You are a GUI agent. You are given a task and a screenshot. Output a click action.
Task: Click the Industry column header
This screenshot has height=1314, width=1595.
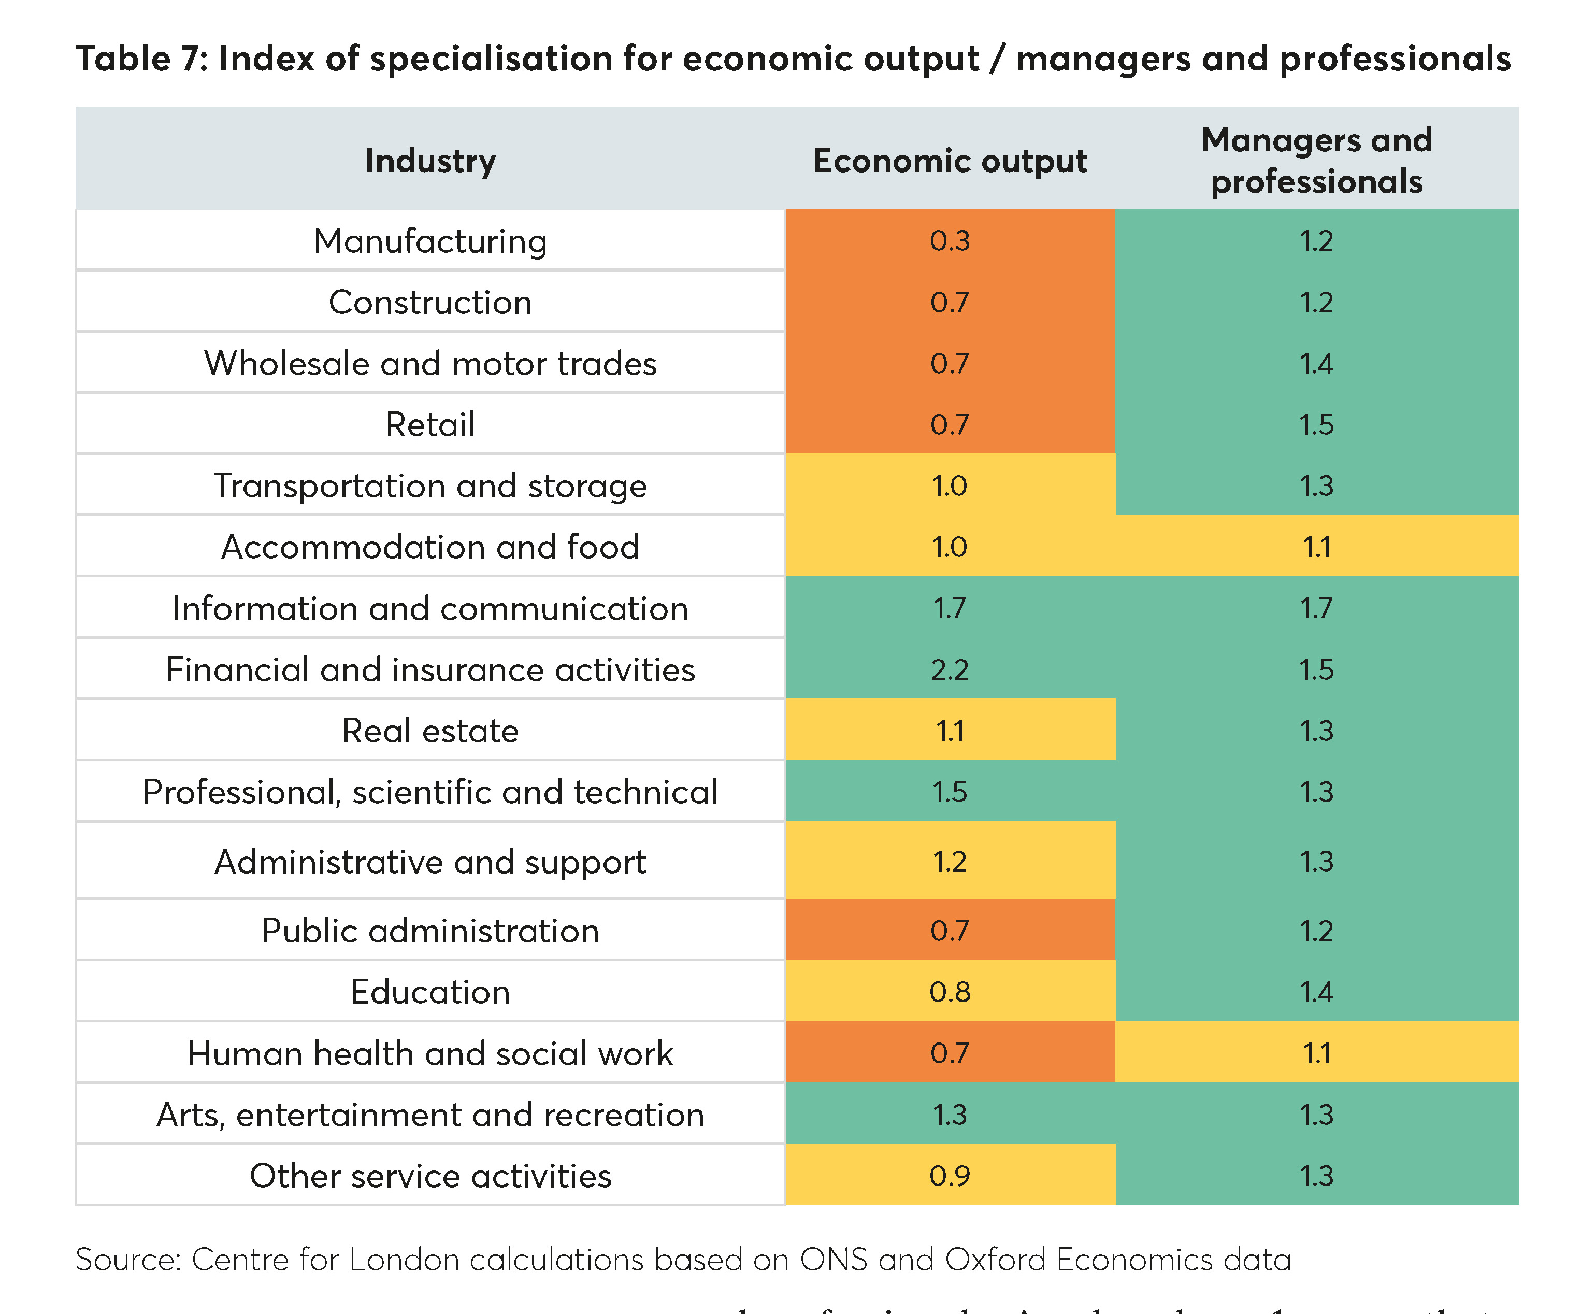click(430, 161)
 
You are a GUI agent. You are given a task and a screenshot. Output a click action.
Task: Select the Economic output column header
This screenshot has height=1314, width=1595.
click(950, 161)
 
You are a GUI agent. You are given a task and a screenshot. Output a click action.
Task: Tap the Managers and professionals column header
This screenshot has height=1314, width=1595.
click(1316, 161)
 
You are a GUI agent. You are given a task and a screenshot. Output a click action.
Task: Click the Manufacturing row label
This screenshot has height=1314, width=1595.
click(430, 241)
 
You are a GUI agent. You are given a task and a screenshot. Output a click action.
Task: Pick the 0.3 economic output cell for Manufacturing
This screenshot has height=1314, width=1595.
click(950, 241)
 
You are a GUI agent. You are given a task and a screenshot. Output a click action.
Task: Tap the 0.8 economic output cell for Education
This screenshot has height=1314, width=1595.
click(950, 992)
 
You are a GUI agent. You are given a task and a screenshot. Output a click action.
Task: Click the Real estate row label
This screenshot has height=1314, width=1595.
click(430, 731)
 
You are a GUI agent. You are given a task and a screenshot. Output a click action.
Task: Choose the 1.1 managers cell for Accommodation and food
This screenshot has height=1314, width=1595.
click(1316, 547)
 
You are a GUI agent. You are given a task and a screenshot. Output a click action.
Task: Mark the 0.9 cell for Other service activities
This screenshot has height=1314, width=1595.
click(950, 1176)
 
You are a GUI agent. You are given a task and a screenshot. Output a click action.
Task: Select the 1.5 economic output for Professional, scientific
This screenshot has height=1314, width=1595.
click(950, 792)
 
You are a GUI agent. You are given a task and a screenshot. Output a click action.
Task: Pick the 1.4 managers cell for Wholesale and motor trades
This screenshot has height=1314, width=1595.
click(1316, 363)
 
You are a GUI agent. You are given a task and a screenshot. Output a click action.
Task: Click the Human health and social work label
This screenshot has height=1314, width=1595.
click(430, 1053)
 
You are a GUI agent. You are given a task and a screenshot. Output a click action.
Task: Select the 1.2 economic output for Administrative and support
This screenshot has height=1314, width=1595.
click(950, 861)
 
